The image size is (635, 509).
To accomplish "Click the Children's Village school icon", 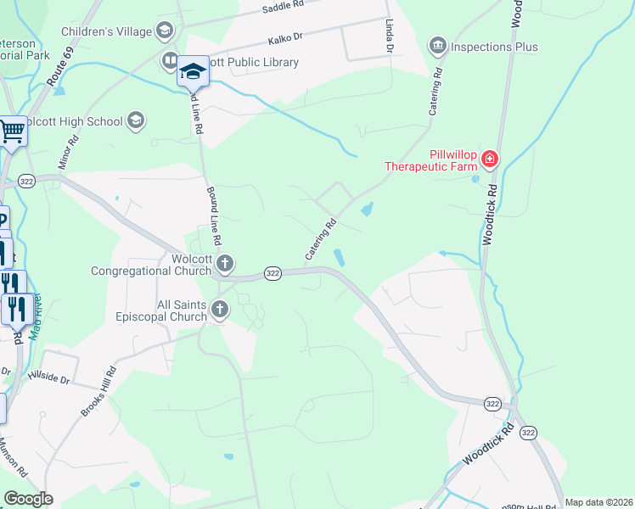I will click(x=164, y=31).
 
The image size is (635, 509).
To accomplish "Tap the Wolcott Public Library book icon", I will click(x=170, y=62).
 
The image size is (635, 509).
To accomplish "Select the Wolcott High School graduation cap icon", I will click(x=135, y=121).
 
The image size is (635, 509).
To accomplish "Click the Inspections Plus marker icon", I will click(x=438, y=45).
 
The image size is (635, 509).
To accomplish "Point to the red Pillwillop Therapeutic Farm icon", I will click(x=489, y=159).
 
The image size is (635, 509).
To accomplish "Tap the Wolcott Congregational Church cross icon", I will click(x=224, y=263).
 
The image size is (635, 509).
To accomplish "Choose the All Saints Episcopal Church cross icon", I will click(x=220, y=310).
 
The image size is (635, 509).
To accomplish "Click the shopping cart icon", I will click(x=12, y=131).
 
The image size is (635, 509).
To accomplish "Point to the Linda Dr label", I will click(x=389, y=36).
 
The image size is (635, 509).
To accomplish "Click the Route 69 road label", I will click(x=58, y=71).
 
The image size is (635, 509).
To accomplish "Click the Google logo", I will click(x=28, y=499).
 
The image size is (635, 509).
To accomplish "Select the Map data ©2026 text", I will click(x=598, y=502).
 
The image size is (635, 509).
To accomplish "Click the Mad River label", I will click(x=36, y=317).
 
